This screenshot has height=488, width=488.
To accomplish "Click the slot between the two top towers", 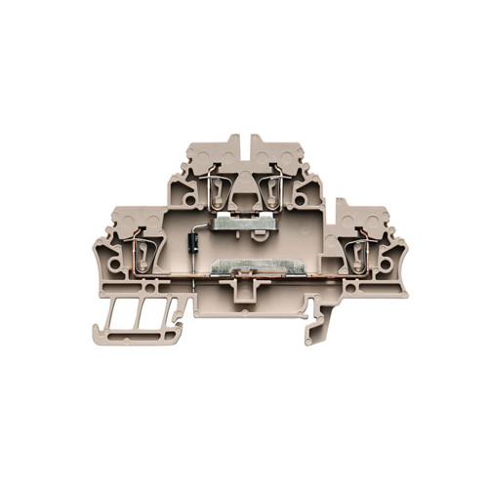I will pyautogui.click(x=245, y=148).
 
